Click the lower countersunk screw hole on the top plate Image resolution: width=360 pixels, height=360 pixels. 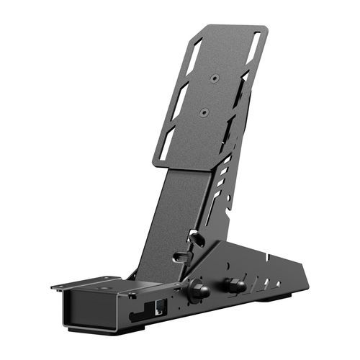(x=204, y=112)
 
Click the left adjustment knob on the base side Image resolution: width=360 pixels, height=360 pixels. (x=197, y=290)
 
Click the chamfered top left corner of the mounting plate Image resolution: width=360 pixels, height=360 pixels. (x=197, y=30)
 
